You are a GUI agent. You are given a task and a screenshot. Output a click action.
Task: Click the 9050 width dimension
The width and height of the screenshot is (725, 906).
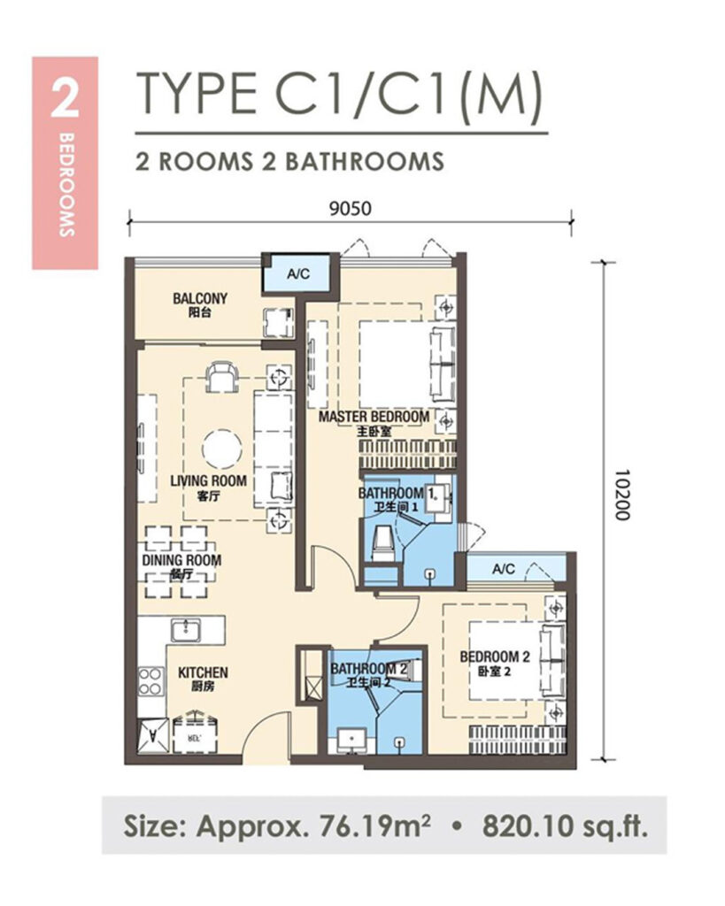(x=351, y=208)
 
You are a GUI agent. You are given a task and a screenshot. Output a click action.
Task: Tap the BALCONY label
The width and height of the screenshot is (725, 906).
(x=200, y=298)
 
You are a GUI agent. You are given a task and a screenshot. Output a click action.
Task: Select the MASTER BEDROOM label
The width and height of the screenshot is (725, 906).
(x=374, y=417)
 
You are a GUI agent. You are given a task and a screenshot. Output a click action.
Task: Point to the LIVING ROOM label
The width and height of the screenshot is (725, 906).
(x=208, y=480)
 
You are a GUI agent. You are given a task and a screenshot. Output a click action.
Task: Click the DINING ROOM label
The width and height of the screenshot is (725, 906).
(x=181, y=560)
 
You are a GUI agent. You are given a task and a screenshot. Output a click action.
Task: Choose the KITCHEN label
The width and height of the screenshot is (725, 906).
(x=203, y=672)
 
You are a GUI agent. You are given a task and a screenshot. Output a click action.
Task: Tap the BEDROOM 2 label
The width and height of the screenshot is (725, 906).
(x=495, y=656)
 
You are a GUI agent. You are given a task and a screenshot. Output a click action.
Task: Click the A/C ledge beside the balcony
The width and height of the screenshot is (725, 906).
(x=298, y=274)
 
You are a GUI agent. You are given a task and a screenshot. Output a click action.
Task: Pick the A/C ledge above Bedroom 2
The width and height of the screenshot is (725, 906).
(x=504, y=569)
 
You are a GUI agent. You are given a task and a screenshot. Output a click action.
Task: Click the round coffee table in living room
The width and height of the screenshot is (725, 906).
(x=222, y=449)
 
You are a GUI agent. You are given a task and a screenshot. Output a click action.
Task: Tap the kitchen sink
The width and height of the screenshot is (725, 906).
(x=186, y=630)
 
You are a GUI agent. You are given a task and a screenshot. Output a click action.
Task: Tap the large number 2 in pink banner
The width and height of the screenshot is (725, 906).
(x=64, y=98)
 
